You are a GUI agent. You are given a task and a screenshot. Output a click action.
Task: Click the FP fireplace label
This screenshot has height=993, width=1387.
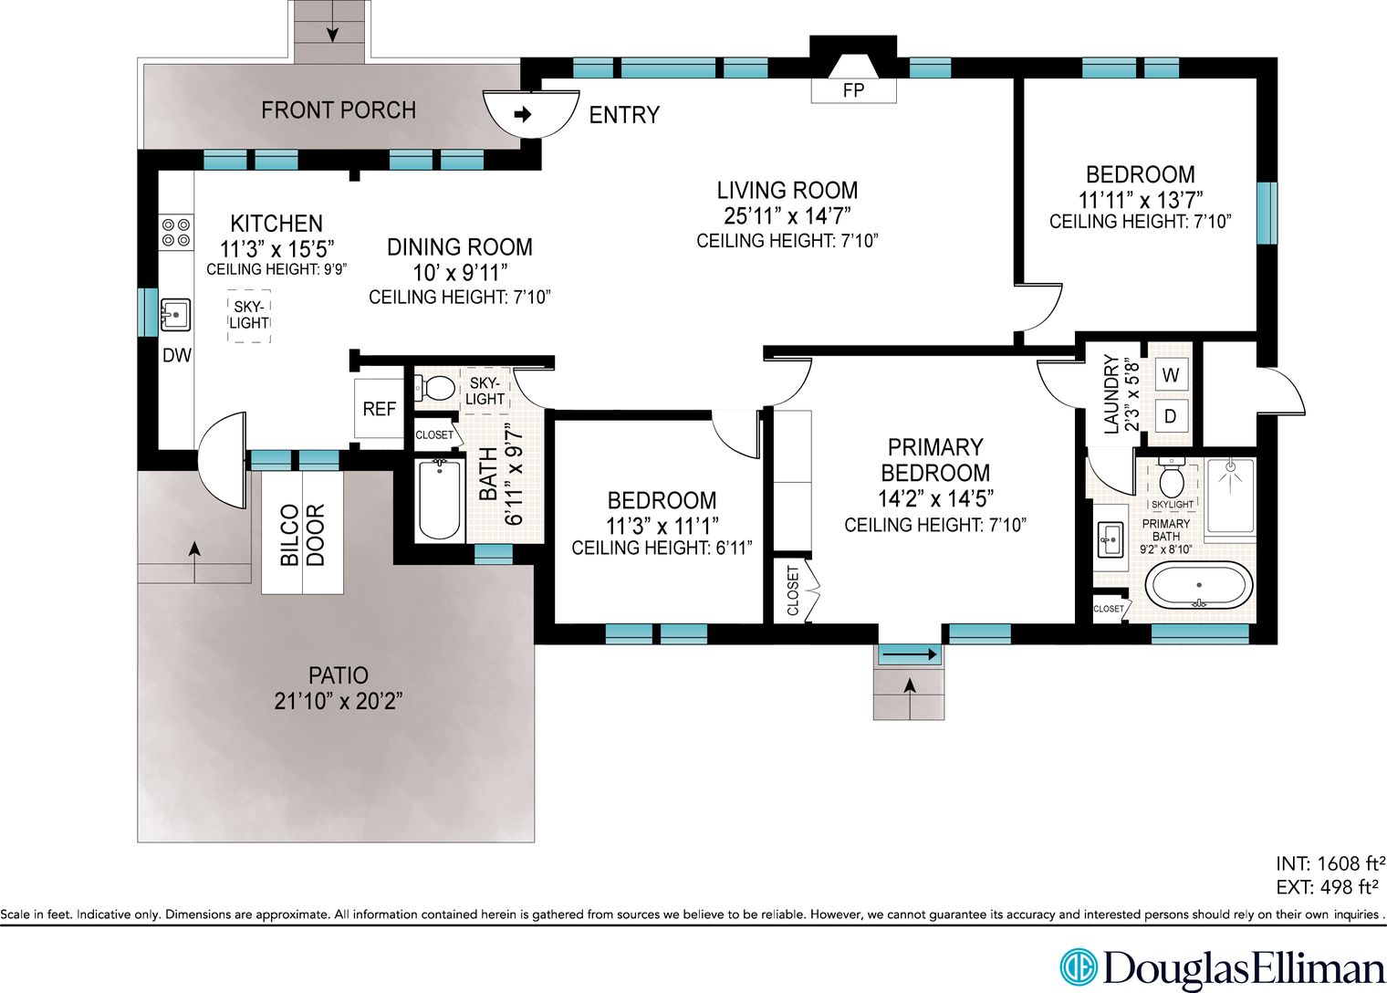pyautogui.click(x=853, y=91)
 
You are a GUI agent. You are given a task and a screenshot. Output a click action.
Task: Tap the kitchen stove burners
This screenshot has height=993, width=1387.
pyautogui.click(x=176, y=233)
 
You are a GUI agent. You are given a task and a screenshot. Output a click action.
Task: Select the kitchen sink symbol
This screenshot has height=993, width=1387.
pyautogui.click(x=176, y=315)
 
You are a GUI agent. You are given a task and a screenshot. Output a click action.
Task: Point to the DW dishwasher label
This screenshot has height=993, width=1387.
pyautogui.click(x=177, y=356)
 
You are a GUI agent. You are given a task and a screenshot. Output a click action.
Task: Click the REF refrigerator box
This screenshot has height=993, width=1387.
pyautogui.click(x=379, y=408)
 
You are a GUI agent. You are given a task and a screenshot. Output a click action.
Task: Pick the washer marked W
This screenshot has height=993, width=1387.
pyautogui.click(x=1170, y=375)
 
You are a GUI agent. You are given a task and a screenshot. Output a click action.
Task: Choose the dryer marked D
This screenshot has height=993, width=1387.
pyautogui.click(x=1170, y=415)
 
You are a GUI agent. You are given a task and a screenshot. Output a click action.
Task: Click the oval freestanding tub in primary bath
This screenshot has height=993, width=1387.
pyautogui.click(x=1199, y=585)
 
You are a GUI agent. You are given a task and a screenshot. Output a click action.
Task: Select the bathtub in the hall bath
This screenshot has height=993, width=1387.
pyautogui.click(x=440, y=500)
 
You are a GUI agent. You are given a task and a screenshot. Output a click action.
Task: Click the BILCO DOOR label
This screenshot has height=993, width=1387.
pyautogui.click(x=302, y=535)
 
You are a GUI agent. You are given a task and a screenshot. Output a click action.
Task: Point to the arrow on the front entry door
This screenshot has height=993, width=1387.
pyautogui.click(x=523, y=114)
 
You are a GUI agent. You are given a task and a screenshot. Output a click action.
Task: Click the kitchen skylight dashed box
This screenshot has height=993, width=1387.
pyautogui.click(x=249, y=316)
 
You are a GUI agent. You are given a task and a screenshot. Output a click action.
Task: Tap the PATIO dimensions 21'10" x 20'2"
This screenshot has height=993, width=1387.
pyautogui.click(x=339, y=701)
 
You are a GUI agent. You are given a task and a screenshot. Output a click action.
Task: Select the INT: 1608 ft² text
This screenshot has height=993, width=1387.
pyautogui.click(x=1330, y=863)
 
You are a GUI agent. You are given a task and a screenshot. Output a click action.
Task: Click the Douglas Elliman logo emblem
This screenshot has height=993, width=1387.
pyautogui.click(x=1079, y=967)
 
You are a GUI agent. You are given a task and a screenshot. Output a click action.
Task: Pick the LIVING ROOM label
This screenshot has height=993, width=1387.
pyautogui.click(x=787, y=190)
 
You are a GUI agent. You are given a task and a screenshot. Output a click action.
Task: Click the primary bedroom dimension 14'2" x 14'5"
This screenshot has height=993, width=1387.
pyautogui.click(x=935, y=498)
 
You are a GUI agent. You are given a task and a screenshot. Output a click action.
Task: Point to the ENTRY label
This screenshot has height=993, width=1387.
pyautogui.click(x=624, y=115)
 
